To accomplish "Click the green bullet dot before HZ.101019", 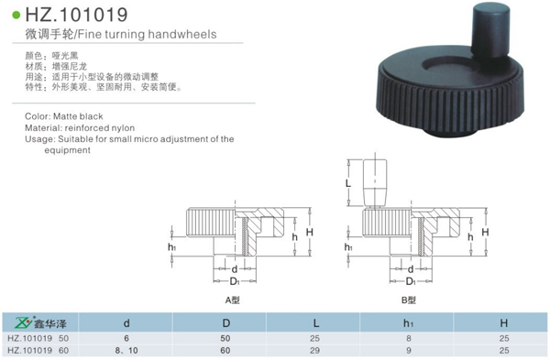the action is (16, 15).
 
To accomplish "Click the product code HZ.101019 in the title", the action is (76, 15).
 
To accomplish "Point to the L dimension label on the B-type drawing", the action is (348, 183).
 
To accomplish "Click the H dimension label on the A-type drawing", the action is (309, 232).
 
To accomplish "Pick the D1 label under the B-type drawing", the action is (411, 281).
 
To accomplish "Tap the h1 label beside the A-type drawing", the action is (171, 247).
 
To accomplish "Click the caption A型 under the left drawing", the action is (232, 300).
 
